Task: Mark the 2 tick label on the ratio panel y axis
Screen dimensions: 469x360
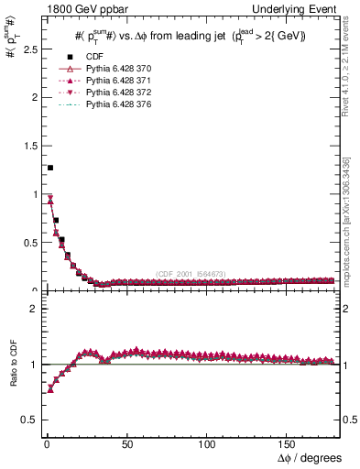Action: [x=30, y=309]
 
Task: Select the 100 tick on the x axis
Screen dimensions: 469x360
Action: [x=207, y=445]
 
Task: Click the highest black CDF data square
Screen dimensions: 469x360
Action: [x=49, y=168]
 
